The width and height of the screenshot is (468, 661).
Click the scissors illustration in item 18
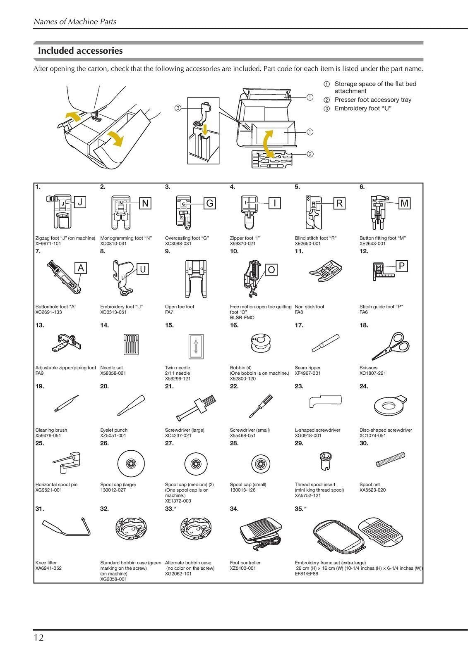tap(390, 345)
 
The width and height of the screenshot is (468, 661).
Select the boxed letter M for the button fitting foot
tap(404, 203)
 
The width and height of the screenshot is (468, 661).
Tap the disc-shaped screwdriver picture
tap(389, 405)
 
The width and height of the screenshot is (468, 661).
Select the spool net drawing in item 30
tap(390, 459)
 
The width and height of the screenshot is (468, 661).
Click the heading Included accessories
tap(80, 51)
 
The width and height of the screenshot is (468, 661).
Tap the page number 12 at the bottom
tap(38, 637)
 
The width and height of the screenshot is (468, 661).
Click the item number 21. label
tap(169, 386)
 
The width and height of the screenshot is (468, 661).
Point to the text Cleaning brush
tap(51, 430)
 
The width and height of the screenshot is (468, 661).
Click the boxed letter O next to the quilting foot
tap(271, 270)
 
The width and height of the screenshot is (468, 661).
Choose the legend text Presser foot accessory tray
tap(372, 100)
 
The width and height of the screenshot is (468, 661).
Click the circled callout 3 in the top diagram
tap(177, 108)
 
